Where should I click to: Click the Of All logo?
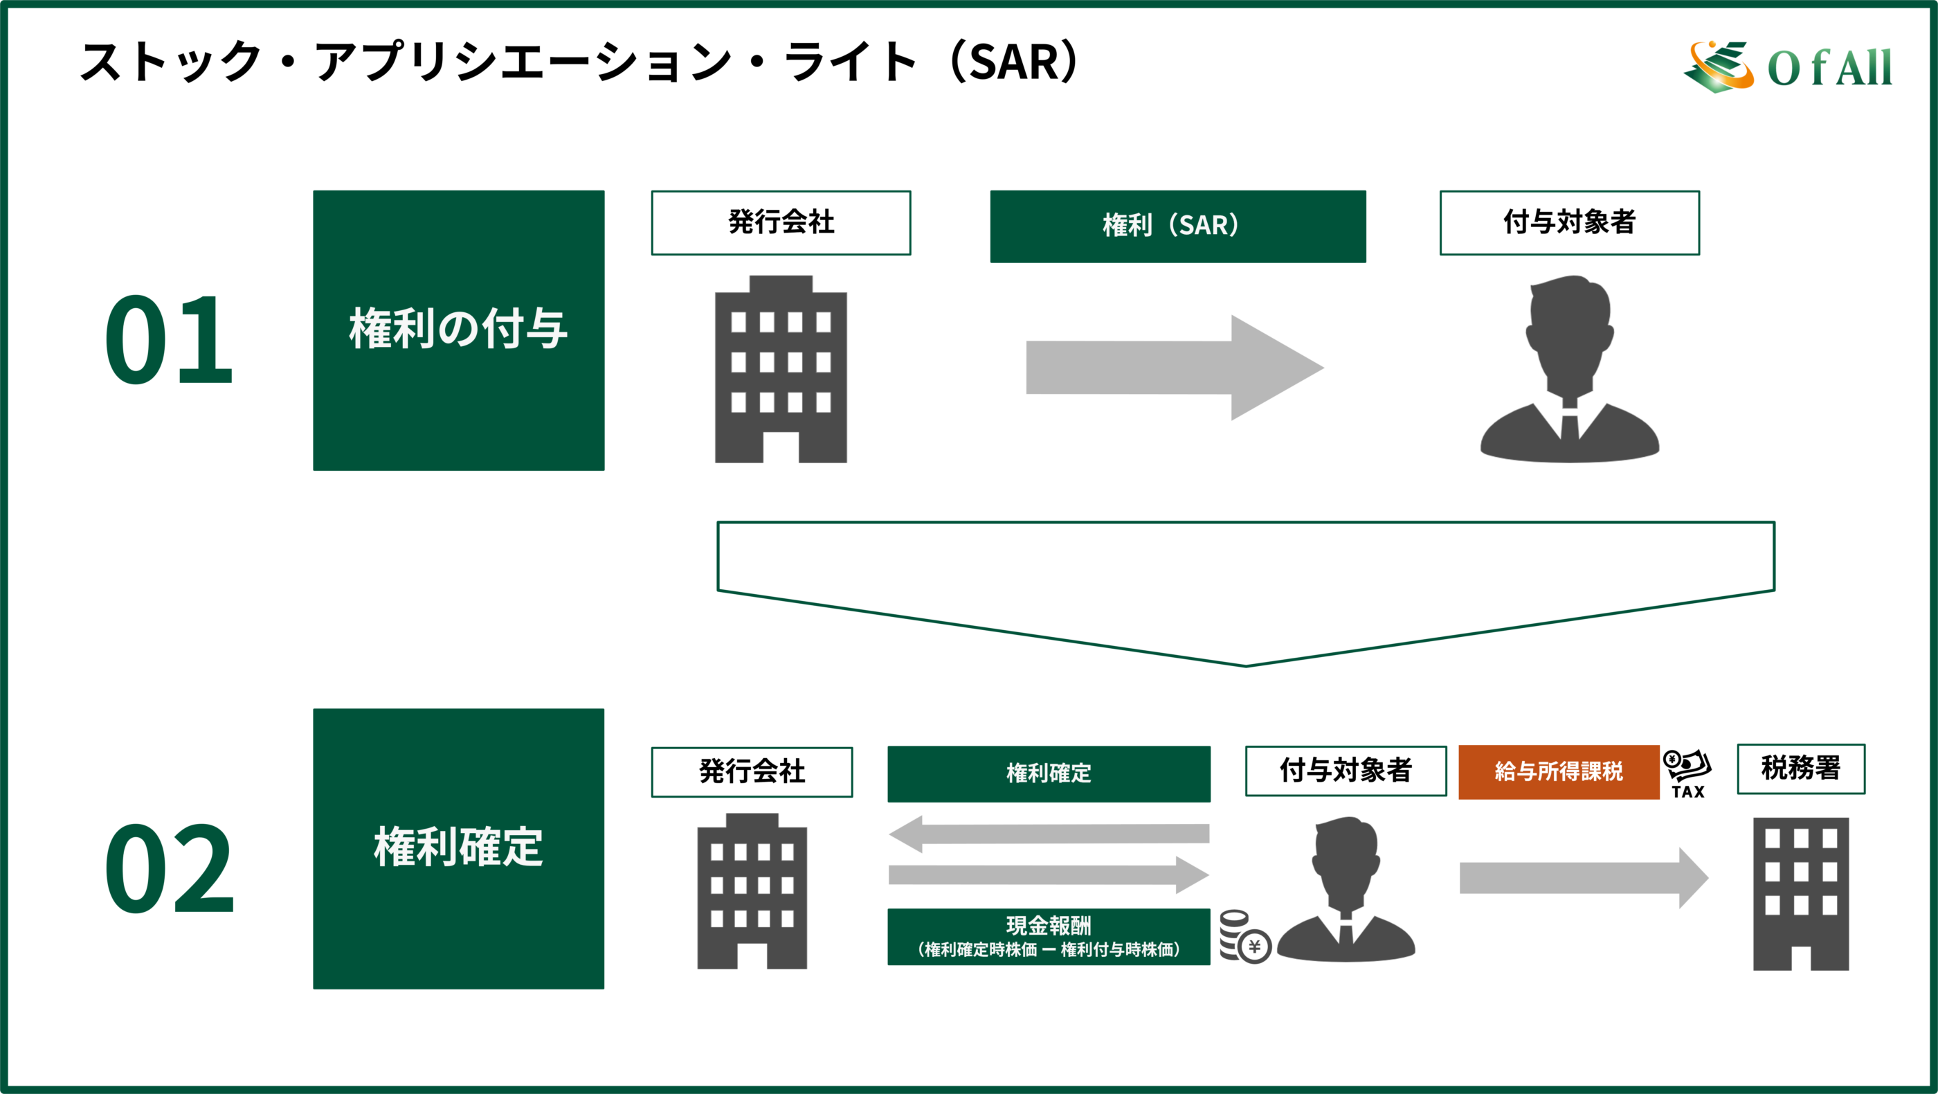pos(1788,66)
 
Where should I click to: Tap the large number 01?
pos(168,340)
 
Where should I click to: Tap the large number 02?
pos(168,869)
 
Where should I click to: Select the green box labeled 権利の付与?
pos(459,330)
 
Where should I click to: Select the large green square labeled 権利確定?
pos(459,849)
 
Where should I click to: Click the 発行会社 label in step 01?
pos(781,223)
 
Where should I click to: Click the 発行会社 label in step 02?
pos(752,772)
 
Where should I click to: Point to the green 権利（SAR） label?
pos(1178,226)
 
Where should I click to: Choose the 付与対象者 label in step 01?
pos(1569,223)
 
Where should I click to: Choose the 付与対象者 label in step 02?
pos(1346,771)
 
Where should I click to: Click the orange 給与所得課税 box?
pos(1559,772)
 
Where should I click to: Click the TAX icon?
pos(1687,773)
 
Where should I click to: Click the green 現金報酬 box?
pos(1049,937)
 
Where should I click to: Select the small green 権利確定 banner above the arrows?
pos(1049,774)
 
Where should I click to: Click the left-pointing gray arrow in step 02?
pos(1049,834)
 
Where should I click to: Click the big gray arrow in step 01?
pos(1175,368)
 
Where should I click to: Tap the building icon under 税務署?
pos(1801,895)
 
